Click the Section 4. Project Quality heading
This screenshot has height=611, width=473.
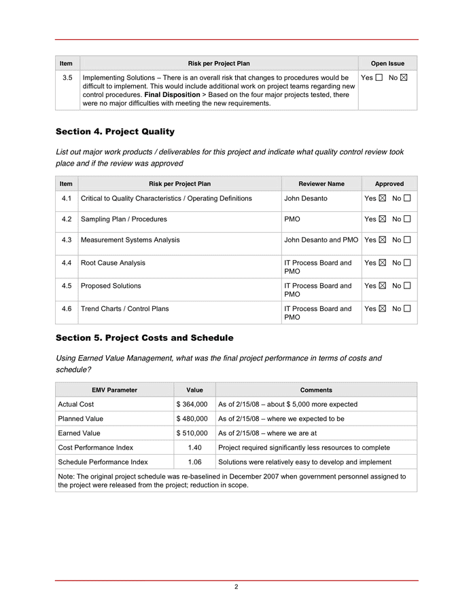pos(115,132)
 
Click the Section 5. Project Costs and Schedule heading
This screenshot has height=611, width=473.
pos(144,337)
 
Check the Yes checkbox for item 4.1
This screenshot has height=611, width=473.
pos(382,199)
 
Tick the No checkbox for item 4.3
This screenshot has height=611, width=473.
pos(407,240)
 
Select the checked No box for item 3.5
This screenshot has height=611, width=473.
pos(404,78)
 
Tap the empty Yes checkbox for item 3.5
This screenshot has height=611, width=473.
pos(379,78)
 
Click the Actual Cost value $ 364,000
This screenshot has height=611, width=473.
pos(192,405)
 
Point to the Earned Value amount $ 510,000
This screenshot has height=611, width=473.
pos(192,433)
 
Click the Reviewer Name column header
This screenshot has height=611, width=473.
pos(321,184)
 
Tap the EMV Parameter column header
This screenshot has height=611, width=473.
pos(114,390)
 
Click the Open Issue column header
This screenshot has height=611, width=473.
pos(387,64)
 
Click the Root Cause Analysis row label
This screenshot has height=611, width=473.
pos(113,263)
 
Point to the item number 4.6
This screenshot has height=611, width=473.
pos(66,309)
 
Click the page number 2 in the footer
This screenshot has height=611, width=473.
pos(236,587)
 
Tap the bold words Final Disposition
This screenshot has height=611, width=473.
pos(172,95)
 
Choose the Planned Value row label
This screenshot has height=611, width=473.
pos(81,419)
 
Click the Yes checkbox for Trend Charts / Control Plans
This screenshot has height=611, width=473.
pos(382,309)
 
